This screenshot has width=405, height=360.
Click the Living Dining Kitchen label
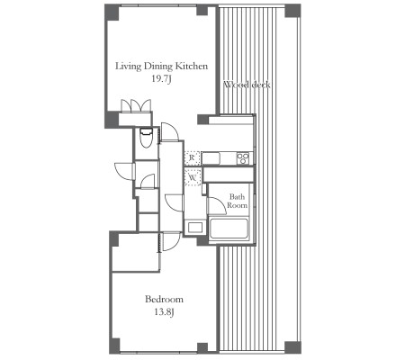point(161,67)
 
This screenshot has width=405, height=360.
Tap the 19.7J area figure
point(161,79)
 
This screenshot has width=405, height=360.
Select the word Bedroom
point(164,299)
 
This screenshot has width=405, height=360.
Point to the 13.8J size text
point(164,312)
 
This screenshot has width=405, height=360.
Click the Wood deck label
point(247,85)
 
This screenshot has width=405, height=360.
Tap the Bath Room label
point(237,201)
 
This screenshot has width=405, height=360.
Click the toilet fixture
point(147,138)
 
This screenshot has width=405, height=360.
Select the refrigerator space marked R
point(193,157)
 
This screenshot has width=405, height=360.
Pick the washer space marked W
point(193,177)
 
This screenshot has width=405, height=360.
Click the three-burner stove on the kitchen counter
point(243,158)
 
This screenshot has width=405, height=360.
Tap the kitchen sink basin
point(211,158)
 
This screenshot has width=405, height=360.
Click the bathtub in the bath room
point(229,229)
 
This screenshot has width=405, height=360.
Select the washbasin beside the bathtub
point(195,227)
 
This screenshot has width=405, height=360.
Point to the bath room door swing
point(217,206)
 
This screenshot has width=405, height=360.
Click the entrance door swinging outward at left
point(124,171)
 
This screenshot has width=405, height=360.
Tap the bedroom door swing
point(172,242)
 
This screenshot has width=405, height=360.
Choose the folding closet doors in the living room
point(136,105)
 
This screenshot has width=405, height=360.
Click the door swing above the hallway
point(170,131)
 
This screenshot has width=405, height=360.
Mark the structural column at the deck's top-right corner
point(292,11)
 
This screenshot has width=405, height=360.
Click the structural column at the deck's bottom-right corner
point(292,347)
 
